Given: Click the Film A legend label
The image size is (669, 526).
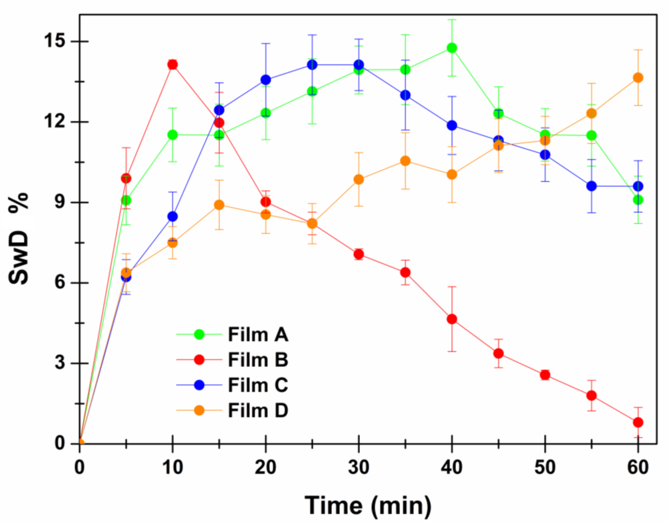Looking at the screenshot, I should click(258, 335).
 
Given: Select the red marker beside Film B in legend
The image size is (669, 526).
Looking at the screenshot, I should click(200, 360).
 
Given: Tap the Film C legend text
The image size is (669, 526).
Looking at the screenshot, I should click(258, 385).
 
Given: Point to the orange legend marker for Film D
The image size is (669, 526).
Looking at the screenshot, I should click(200, 410).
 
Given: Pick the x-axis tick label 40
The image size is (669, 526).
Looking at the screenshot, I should click(451, 468).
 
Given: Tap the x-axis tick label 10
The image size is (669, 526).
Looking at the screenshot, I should click(172, 468).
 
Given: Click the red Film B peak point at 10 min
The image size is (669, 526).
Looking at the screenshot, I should click(172, 65).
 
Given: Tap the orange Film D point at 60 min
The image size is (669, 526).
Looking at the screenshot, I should click(638, 78).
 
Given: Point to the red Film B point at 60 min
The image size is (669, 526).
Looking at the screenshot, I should click(638, 422).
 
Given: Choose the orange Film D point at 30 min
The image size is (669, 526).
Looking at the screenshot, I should click(359, 179).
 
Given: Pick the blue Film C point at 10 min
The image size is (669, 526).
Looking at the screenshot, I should click(172, 217).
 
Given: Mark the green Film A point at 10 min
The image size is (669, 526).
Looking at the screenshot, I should click(172, 135).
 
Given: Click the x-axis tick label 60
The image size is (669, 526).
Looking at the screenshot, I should click(638, 468).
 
